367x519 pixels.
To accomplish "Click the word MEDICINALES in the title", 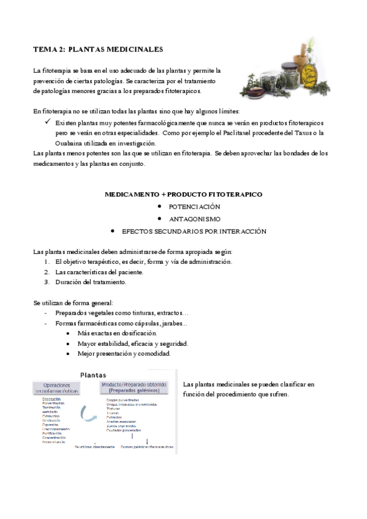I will pyautogui.click(x=135, y=48).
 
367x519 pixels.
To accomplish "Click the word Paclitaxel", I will pyautogui.click(x=248, y=132).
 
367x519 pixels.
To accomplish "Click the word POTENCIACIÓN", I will pyautogui.click(x=194, y=207).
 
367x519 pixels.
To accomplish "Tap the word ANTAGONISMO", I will pyautogui.click(x=195, y=219).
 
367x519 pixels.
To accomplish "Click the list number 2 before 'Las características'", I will pyautogui.click(x=46, y=272).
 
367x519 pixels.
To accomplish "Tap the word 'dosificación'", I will pyautogui.click(x=137, y=334).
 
